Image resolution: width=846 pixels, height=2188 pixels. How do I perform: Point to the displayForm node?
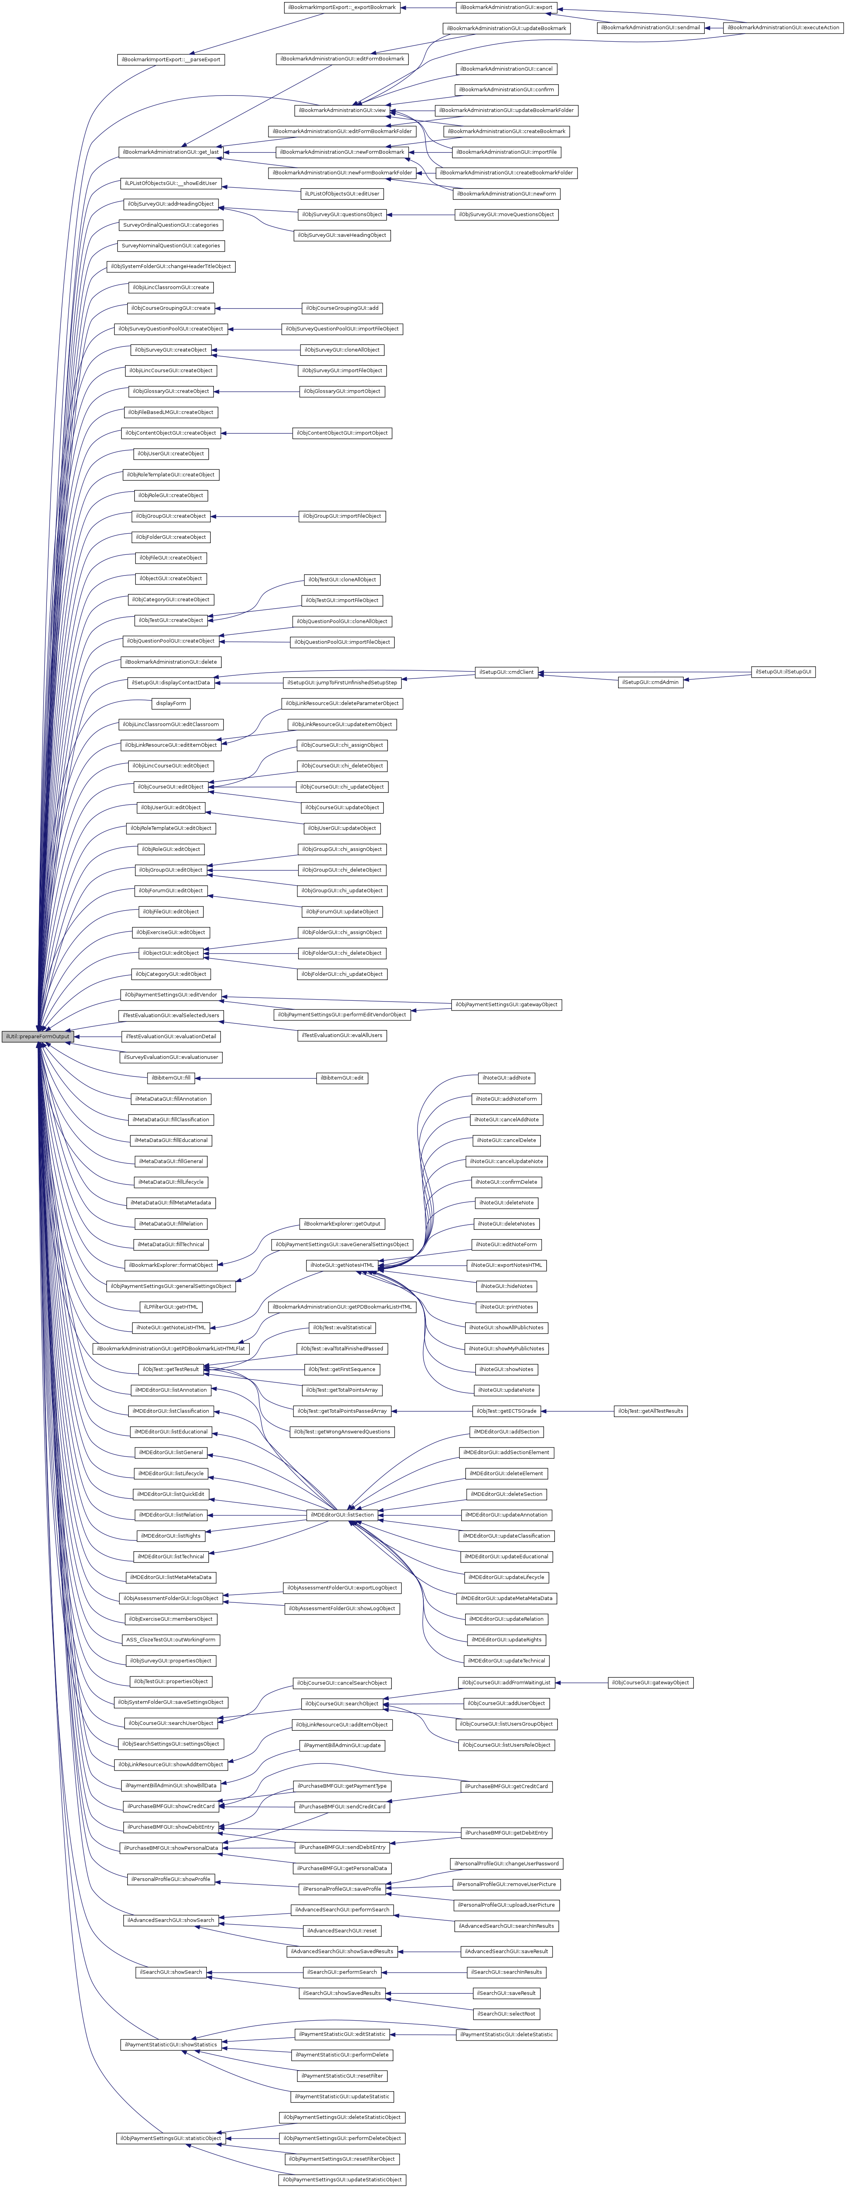click(x=171, y=703)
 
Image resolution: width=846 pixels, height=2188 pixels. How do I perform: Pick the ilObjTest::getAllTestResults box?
click(x=650, y=1411)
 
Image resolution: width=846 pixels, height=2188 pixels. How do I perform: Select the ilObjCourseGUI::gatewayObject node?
click(x=650, y=1683)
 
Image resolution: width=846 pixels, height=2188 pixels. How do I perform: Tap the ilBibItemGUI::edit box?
click(x=342, y=1078)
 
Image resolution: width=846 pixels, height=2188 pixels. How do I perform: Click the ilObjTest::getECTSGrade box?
click(x=506, y=1411)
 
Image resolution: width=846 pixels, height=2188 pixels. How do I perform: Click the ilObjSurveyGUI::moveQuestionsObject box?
click(x=506, y=214)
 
